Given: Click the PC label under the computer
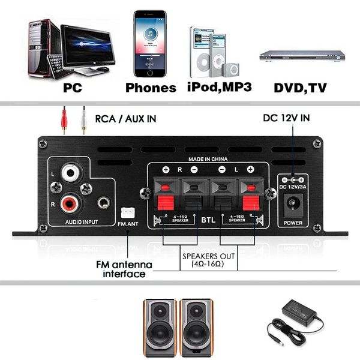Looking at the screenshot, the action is [73, 88].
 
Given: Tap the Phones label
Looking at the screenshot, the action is [151, 88].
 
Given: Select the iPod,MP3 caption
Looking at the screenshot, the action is [219, 87].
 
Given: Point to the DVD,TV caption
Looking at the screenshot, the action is [300, 88].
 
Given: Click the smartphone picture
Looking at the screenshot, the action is [149, 43].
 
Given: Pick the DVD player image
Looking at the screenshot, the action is [302, 56].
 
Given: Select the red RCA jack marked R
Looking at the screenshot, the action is [71, 204].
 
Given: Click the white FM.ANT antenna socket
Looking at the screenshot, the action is [127, 212].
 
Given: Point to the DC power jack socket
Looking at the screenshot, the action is [293, 206].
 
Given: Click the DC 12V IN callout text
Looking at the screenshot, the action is [286, 118].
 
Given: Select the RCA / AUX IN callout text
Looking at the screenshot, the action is [125, 119].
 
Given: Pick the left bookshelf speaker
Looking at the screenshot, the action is [159, 323].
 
